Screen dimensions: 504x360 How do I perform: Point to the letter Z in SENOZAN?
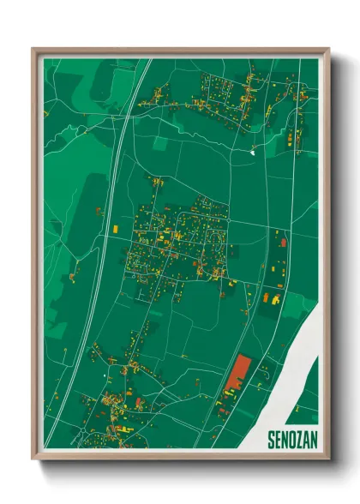pyautogui.click(x=297, y=438)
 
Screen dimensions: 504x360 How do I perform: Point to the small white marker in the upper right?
pyautogui.click(x=253, y=151)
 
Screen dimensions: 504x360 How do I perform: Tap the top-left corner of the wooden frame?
pyautogui.click(x=34, y=51)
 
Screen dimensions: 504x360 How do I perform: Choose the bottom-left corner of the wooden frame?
pyautogui.click(x=34, y=457)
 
